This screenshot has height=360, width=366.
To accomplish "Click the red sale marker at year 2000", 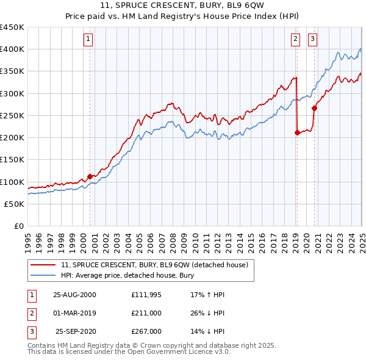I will tap(90, 176).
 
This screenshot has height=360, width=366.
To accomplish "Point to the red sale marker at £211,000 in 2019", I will tap(297, 132).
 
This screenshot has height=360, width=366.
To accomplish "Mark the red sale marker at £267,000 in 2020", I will tap(315, 108).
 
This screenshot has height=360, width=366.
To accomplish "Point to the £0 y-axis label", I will tap(19, 226).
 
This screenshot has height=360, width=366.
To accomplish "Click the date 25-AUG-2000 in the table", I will tap(75, 295).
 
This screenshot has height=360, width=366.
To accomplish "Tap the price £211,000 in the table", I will tap(146, 313).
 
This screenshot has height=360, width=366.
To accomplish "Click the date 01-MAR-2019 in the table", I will tap(75, 313).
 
